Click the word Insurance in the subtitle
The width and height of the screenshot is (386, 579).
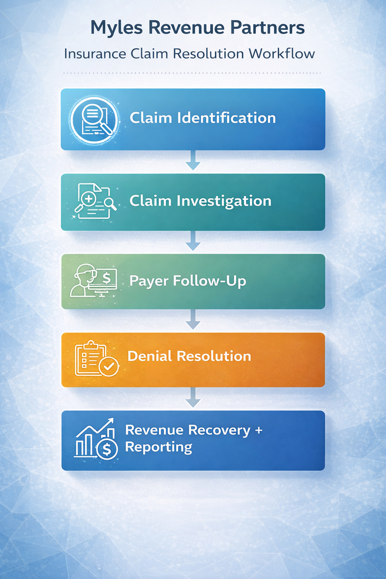pos(95,54)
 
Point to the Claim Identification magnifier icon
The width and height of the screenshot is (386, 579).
pos(94,120)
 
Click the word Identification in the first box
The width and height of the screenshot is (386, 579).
pos(227,118)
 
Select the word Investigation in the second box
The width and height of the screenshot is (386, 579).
pos(224,201)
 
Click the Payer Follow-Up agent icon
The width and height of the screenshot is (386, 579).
pos(93,281)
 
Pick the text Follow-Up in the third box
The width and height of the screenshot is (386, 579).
pos(209,281)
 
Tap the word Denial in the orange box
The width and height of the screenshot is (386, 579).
pos(150,356)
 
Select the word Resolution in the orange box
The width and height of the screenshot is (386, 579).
pos(214,356)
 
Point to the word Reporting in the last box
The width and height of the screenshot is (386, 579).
pos(159,447)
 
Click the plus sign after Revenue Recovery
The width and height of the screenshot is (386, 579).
pos(259,430)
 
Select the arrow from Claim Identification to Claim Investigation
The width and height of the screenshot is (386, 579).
pos(193,161)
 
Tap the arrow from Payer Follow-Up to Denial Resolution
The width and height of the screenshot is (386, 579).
pos(193,320)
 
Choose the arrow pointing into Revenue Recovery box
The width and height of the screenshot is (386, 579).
pos(193,398)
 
